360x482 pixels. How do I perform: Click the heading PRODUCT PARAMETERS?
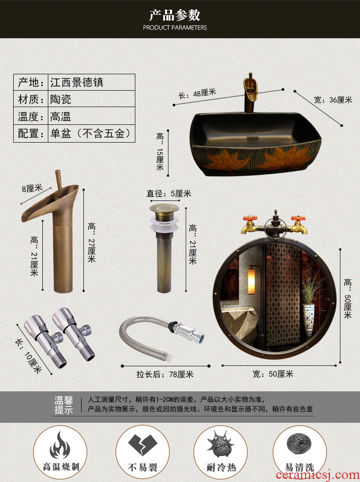[x=175, y=28]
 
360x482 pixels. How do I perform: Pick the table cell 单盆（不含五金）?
[x=91, y=133]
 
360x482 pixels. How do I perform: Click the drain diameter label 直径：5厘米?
[x=169, y=194]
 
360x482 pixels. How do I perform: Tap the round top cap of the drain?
[x=164, y=208]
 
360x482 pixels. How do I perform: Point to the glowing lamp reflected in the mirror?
[x=252, y=280]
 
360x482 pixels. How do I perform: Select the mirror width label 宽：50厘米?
[x=273, y=374]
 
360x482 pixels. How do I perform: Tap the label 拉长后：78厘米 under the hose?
[x=165, y=374]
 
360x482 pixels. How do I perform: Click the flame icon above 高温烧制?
[x=60, y=445]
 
